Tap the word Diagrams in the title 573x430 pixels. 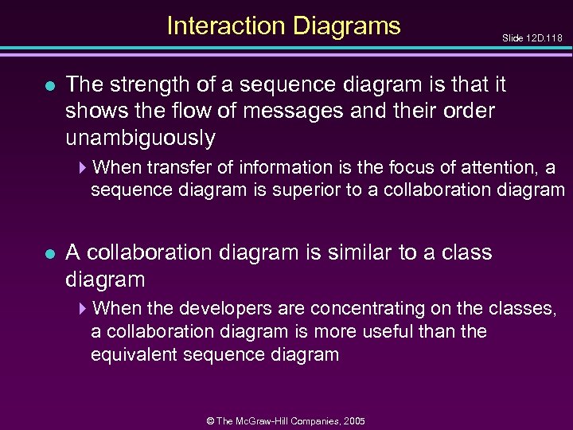click(347, 26)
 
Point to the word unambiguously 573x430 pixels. click(140, 138)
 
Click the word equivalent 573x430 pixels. click(135, 354)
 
